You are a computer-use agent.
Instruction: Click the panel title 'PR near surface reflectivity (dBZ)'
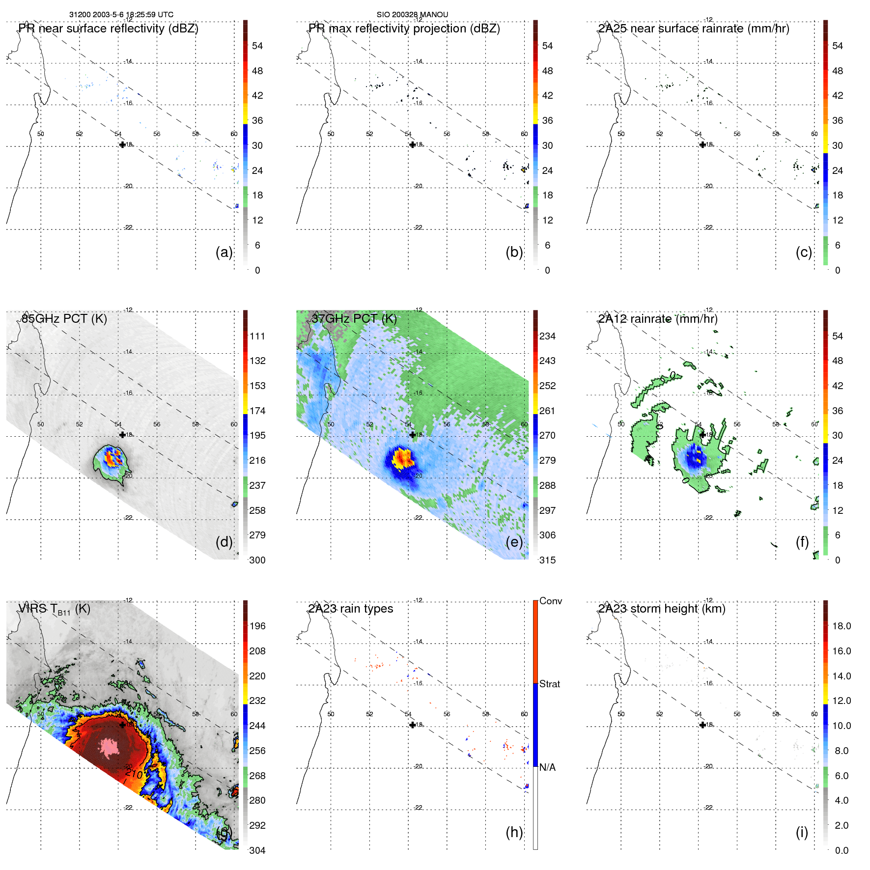[108, 28]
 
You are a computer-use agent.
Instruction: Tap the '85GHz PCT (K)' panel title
[64, 319]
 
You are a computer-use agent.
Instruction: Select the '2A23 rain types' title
[351, 609]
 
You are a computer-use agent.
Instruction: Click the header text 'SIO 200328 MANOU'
[412, 15]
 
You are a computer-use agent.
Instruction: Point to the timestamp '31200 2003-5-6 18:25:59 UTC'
[121, 15]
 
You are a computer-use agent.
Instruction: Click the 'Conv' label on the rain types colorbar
[550, 601]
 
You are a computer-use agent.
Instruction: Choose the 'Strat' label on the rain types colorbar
[549, 684]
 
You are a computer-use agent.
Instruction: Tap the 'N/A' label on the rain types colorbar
[547, 767]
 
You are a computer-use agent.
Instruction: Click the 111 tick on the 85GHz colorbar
[257, 337]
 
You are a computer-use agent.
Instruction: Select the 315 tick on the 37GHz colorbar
[547, 561]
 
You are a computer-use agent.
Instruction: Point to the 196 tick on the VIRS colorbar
[257, 626]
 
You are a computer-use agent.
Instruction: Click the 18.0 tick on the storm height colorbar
[841, 626]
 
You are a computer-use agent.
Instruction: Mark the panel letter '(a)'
[224, 253]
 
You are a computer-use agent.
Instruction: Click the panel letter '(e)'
[514, 542]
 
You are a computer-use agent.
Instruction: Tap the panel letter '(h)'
[514, 832]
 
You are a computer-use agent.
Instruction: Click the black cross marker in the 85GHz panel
[122, 435]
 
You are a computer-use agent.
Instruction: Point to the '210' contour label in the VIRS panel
[134, 774]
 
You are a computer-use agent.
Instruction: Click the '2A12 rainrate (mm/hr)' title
[658, 319]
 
